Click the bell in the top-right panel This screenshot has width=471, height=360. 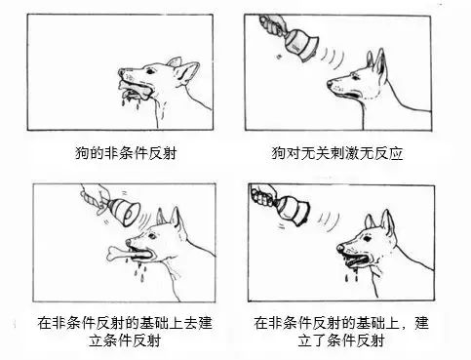pos(300,44)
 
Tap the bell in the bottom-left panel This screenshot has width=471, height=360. pos(125,212)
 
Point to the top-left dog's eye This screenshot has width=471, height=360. pos(150,70)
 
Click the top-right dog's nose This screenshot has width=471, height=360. pos(330,83)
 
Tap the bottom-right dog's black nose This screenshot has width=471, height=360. pos(340,248)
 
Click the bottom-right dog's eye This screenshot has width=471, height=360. pos(367,238)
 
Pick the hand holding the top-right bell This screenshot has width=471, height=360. pos(272,23)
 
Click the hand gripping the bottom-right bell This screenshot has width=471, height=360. pos(263,194)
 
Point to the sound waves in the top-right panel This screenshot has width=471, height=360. pos(333,58)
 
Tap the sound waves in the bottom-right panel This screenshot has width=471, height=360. pos(329,221)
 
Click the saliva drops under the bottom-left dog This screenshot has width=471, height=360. pos(140,272)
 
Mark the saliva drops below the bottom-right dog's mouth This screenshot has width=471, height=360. pos(351,276)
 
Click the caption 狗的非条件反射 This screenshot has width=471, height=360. pos(126,153)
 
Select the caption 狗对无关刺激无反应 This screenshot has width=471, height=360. pos(337,153)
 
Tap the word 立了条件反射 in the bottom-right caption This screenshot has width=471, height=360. pos(341,340)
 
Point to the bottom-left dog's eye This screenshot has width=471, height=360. pos(151,235)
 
